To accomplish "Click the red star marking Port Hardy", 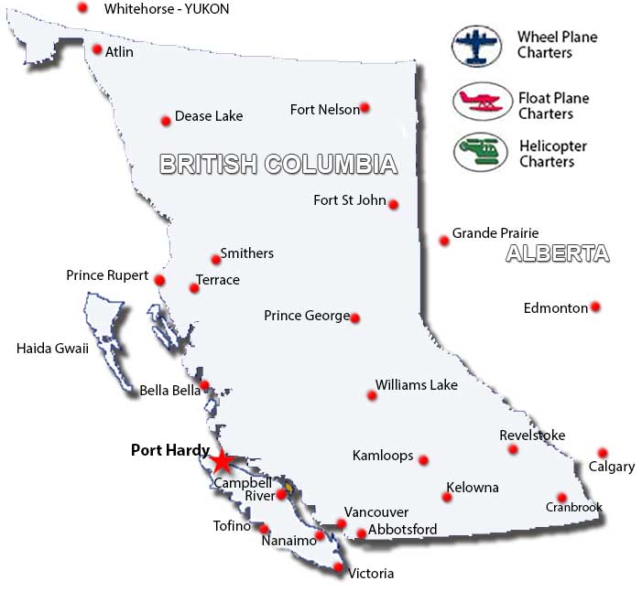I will click(x=221, y=459).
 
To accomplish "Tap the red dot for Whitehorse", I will click(x=82, y=7).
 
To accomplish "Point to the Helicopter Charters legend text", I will click(x=553, y=154).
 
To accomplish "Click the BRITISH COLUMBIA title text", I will click(x=278, y=164).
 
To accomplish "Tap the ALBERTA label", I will click(x=557, y=254).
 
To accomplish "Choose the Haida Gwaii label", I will click(x=52, y=348).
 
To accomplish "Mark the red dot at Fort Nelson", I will click(x=365, y=108).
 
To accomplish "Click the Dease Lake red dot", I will click(x=166, y=120).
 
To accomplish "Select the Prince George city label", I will click(x=306, y=316).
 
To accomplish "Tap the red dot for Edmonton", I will click(x=595, y=306).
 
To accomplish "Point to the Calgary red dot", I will click(x=602, y=453).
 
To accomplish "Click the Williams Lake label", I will click(x=416, y=385).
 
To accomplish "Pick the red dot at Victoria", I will click(x=339, y=568).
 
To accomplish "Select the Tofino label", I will click(x=232, y=526).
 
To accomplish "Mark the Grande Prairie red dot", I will click(x=444, y=241).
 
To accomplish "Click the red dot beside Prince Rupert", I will click(x=159, y=280).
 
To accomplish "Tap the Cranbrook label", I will click(x=574, y=507).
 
